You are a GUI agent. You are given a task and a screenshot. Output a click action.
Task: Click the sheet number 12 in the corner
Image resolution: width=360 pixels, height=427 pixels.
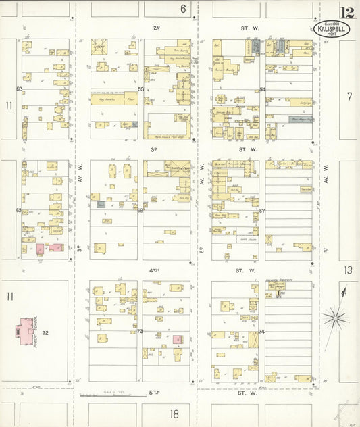coord(347,12)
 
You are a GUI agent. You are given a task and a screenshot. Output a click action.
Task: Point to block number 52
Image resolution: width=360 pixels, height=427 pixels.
coord(20,89)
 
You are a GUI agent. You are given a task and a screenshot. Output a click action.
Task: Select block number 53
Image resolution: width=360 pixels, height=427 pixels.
coord(141,89)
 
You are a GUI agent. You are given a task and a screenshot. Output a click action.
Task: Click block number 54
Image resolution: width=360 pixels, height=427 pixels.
coord(262,89)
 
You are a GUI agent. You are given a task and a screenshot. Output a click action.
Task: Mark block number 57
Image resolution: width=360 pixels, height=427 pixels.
coord(262,211)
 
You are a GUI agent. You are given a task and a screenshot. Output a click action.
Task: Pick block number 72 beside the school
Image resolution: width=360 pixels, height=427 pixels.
coord(46,334)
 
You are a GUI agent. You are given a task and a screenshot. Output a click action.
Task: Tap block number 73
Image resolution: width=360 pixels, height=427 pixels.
coord(140,332)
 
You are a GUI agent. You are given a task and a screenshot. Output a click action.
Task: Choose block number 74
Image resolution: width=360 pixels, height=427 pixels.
coord(261,332)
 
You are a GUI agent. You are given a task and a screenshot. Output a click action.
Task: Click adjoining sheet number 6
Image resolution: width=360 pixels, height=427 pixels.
coord(182,9)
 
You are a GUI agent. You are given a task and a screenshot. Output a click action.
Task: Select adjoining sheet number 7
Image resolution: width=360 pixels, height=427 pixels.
coord(349,97)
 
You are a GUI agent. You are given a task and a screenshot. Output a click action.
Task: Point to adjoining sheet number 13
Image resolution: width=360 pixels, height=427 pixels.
coord(348,270)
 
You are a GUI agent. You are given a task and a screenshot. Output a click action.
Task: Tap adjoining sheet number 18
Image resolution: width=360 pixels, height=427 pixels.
coord(174,414)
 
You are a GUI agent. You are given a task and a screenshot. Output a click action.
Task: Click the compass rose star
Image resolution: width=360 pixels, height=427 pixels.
coord(334,316)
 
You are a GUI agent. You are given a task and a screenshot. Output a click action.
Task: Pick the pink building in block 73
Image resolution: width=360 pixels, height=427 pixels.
coord(178,340)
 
